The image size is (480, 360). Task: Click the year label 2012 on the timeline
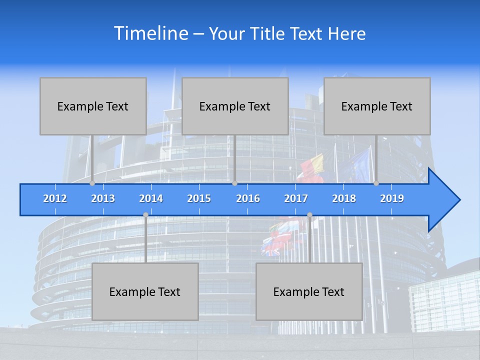55,198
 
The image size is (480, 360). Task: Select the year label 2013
103,198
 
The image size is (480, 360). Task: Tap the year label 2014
151,198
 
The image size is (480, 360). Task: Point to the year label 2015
199,198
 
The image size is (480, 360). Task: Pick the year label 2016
248,198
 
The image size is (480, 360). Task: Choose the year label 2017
296,198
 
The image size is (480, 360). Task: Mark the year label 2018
344,198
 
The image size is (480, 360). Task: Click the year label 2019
392,198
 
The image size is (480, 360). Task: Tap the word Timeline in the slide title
150,33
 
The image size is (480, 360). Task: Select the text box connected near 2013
93,106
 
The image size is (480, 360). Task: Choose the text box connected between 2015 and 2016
235,106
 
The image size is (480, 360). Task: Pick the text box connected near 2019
377,106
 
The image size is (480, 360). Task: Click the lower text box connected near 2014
145,291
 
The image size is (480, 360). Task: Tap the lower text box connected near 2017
309,291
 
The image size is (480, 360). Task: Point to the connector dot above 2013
92,183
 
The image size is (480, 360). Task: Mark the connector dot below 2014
145,215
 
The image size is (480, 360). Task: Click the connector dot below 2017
309,215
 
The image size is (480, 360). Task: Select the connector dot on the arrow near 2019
376,183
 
